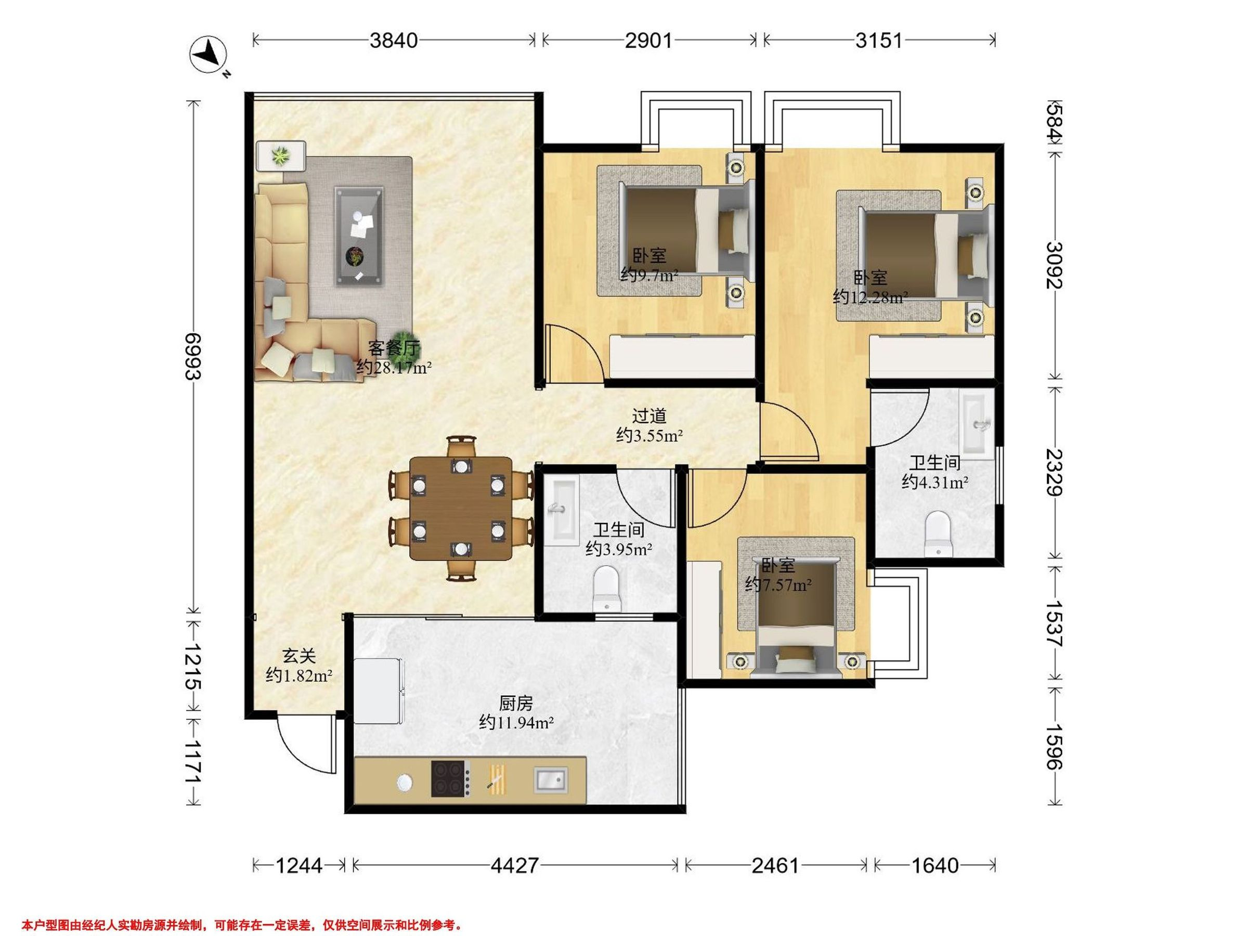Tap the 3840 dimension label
pos(394,41)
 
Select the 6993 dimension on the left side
pos(193,357)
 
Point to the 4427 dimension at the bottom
pos(515,865)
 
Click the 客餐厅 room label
pos(394,347)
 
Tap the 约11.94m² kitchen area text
pos(516,723)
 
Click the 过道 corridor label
pos(649,416)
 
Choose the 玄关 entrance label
pos(299,656)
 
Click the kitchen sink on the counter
pos(551,781)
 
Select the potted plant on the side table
pos(280,155)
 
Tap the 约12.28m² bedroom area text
pos(870,297)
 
